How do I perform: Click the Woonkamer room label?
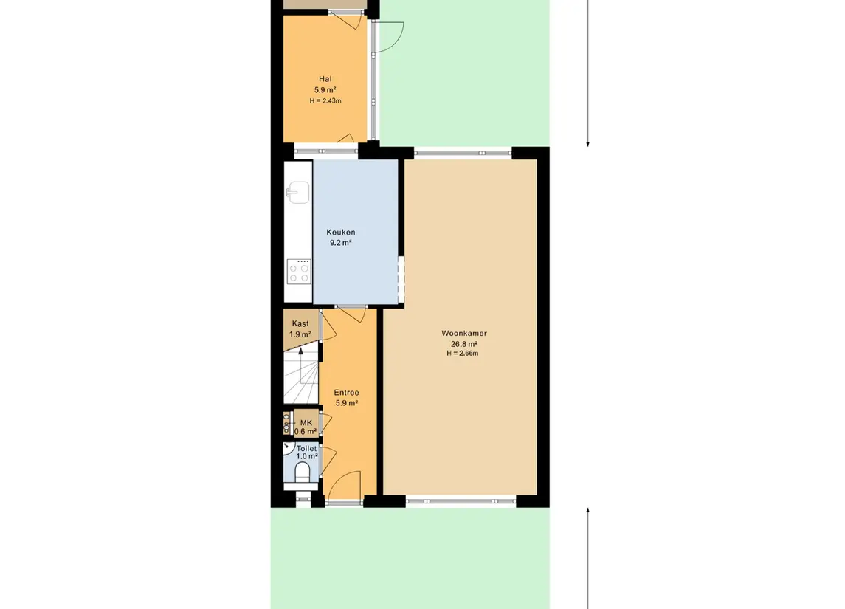pos(464,333)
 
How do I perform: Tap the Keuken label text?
pos(341,233)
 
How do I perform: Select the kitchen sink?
pos(298,193)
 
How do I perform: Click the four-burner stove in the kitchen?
pos(299,272)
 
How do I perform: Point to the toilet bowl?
pos(303,472)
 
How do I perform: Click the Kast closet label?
pos(300,323)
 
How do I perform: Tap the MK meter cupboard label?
pos(306,422)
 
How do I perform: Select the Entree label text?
pos(347,393)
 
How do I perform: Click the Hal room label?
pos(325,79)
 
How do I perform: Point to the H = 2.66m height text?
pos(463,354)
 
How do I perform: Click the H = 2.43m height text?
pos(325,101)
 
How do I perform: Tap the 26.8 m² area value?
pos(464,344)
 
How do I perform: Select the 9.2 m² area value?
pos(341,243)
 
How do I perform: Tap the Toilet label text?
pos(307,448)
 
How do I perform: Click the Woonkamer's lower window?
pos(461,501)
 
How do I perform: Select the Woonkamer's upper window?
pos(463,153)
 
